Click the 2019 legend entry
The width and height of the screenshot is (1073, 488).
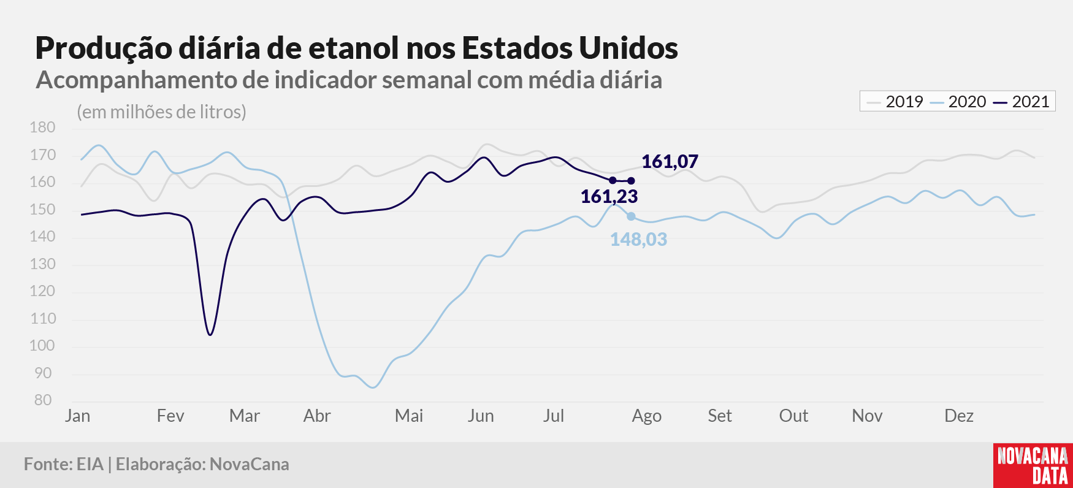(895, 102)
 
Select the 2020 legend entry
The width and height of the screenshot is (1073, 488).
(958, 102)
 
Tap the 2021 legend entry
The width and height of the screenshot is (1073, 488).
(1021, 102)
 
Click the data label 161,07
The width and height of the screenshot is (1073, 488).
(670, 161)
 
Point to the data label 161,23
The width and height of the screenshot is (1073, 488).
(609, 196)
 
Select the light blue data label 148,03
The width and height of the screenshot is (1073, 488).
(638, 239)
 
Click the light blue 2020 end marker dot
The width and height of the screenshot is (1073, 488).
(631, 216)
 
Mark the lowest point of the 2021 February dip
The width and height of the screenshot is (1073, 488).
(210, 335)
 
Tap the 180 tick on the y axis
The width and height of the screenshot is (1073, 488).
(42, 128)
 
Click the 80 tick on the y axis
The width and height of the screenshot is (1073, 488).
(43, 400)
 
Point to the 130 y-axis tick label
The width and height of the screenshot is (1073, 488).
(42, 264)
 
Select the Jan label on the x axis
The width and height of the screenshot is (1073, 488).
(78, 416)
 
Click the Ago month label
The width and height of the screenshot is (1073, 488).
(646, 416)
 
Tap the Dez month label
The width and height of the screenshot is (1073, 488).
(959, 416)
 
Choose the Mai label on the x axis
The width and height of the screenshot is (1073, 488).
(409, 416)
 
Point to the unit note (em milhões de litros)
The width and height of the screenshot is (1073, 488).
(161, 112)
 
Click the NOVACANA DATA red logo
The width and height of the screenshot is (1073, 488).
(1033, 465)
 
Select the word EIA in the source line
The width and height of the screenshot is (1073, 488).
(90, 464)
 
